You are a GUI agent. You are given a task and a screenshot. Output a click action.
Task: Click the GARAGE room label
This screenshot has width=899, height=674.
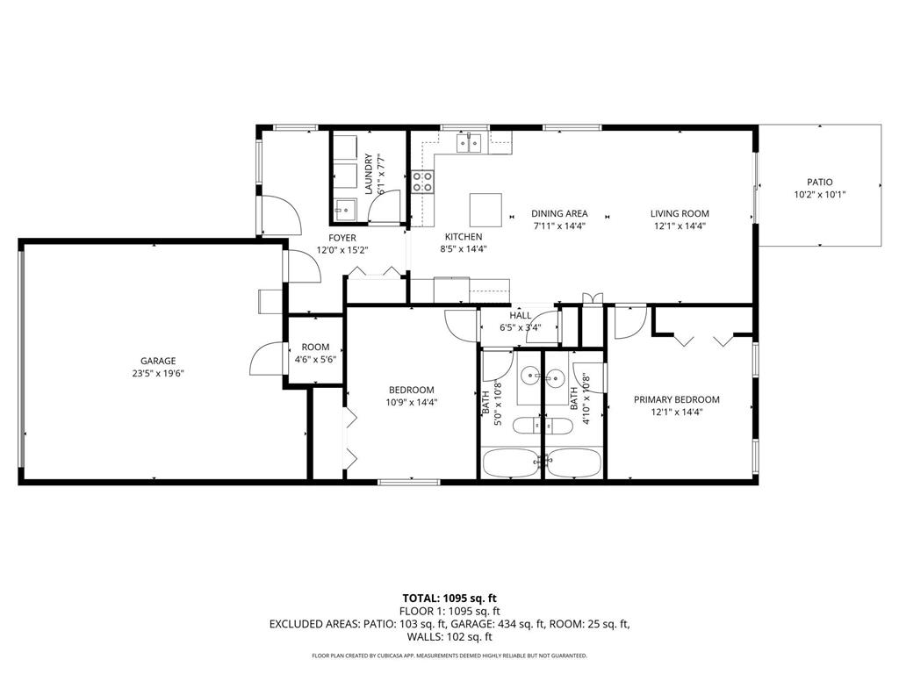tap(158, 361)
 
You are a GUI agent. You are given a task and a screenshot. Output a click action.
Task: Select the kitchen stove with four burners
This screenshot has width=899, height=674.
tap(422, 182)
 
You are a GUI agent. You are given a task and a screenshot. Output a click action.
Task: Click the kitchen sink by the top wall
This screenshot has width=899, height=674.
tap(471, 143)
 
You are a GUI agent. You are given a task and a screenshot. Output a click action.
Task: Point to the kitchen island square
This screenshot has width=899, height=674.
tap(486, 210)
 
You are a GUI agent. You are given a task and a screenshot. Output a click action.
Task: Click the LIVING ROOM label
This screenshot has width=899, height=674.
tap(680, 213)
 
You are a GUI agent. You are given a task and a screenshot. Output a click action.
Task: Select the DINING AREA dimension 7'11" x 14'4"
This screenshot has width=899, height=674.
tap(559, 226)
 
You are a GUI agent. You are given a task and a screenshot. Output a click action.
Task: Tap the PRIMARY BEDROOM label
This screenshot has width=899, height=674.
tap(677, 399)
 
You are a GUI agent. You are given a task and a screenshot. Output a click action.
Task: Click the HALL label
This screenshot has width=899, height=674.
tap(521, 316)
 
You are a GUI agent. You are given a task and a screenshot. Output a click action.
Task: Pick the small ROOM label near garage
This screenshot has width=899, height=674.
tap(315, 348)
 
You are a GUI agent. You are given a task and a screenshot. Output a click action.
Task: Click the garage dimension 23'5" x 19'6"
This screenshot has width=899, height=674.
tap(158, 373)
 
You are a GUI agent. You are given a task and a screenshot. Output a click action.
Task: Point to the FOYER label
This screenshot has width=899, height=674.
tap(342, 238)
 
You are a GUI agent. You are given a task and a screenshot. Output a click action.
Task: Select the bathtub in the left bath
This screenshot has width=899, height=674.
tap(511, 462)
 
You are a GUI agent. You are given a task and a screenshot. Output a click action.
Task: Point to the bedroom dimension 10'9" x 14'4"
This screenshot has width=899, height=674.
tap(412, 403)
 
